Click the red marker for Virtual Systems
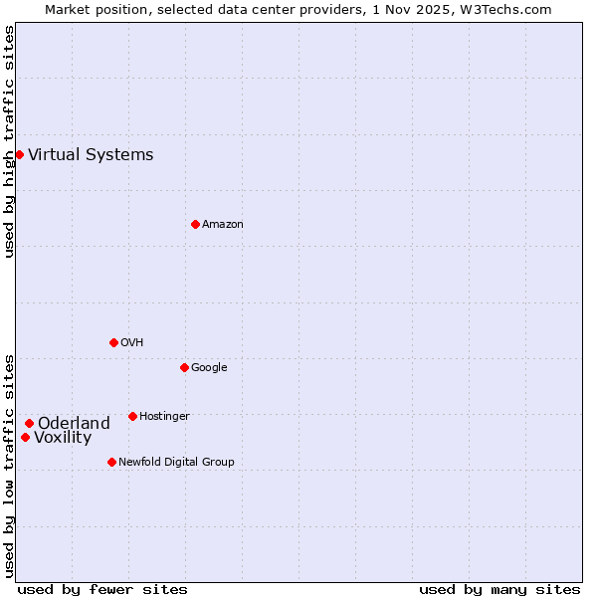[19, 154]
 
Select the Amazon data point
[195, 224]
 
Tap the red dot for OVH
[113, 342]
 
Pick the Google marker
[184, 367]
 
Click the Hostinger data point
[132, 416]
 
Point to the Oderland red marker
[29, 423]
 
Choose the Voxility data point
[25, 437]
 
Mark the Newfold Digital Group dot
[111, 462]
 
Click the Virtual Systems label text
[91, 154]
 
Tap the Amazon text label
[223, 224]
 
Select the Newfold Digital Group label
[176, 462]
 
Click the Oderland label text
[74, 423]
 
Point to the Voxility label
[63, 438]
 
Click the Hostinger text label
[164, 416]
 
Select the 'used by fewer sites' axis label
[102, 589]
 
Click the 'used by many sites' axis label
[499, 589]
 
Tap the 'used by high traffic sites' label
[9, 141]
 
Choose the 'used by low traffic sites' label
[9, 466]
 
